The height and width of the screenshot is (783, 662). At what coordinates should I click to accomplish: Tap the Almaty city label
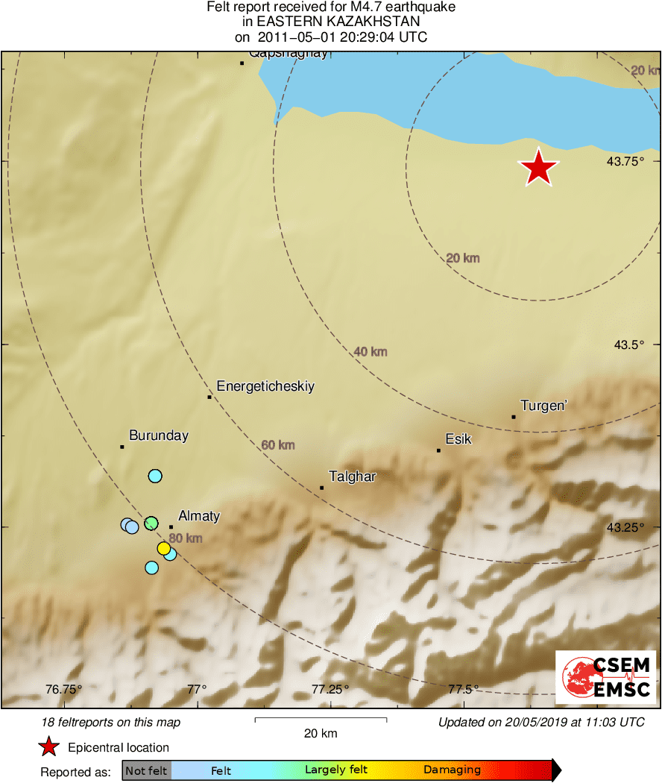coord(199,516)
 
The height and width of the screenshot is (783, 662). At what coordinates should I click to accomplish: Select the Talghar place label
coord(352,477)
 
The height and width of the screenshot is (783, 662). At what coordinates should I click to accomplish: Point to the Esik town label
coord(458,439)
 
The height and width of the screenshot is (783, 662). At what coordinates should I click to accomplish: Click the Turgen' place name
coord(544,406)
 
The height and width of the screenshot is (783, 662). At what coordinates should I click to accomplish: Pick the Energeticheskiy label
coord(265,386)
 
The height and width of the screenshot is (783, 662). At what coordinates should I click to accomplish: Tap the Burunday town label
coord(159,435)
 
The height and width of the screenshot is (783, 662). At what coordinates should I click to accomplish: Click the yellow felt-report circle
coord(164,549)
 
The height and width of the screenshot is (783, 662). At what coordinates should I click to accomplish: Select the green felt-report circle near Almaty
coord(151,523)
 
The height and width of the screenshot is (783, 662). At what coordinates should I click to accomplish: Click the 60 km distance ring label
coord(278,445)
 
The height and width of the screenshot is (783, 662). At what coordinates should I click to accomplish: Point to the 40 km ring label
coord(371,351)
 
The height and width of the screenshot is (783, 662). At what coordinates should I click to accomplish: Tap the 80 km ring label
coord(186,538)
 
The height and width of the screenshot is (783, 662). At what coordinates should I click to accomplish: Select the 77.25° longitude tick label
coord(330,689)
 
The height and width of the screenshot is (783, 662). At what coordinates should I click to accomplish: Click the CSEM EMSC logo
coord(605,677)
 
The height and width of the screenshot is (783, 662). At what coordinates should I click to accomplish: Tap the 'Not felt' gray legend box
coord(147,770)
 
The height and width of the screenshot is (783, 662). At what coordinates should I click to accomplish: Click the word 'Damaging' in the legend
coord(452,770)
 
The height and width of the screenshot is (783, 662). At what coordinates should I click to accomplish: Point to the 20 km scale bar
coord(321,720)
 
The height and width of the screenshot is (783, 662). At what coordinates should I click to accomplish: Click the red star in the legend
coord(49,747)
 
